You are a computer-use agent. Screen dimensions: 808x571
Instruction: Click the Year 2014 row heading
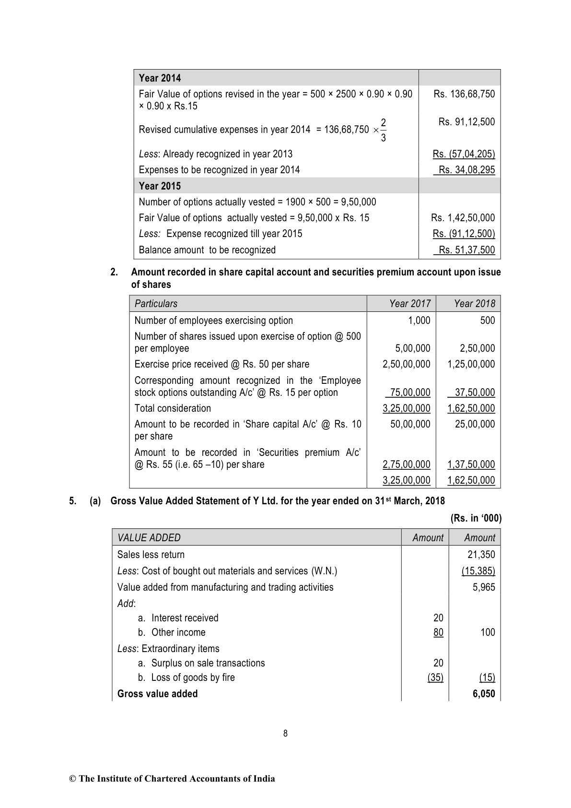coord(160,78)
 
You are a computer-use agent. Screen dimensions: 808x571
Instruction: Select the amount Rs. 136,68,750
coord(464,94)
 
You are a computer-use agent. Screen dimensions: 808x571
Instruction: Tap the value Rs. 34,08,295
coord(466,170)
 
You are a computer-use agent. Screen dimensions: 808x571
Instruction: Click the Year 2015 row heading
coord(160,186)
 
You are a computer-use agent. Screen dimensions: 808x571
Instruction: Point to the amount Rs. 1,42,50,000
coord(463,218)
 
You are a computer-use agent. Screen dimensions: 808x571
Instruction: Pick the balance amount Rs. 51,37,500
coord(466,250)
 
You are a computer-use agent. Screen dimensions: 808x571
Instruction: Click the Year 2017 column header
coord(410,304)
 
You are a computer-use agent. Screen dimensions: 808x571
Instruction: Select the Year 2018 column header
coord(474,304)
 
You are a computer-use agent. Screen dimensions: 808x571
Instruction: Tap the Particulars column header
coord(156,304)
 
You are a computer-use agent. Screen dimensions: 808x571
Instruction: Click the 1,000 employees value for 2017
coord(419,321)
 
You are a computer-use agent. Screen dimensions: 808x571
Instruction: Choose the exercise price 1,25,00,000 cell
coord(471,364)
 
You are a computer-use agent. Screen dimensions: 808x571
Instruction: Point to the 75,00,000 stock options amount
coord(410,392)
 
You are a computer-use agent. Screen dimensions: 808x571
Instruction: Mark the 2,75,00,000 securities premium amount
coord(407,464)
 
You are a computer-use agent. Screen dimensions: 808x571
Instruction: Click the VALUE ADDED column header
coord(149,538)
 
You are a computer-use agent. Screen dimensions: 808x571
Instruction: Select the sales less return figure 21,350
coord(481,555)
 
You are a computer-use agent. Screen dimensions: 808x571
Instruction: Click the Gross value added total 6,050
coord(484,694)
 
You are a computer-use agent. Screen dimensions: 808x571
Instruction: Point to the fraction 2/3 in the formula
coord(383,130)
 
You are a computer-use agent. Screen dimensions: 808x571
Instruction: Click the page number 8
coord(285,733)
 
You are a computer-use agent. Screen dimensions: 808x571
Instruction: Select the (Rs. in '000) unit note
coord(476,518)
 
